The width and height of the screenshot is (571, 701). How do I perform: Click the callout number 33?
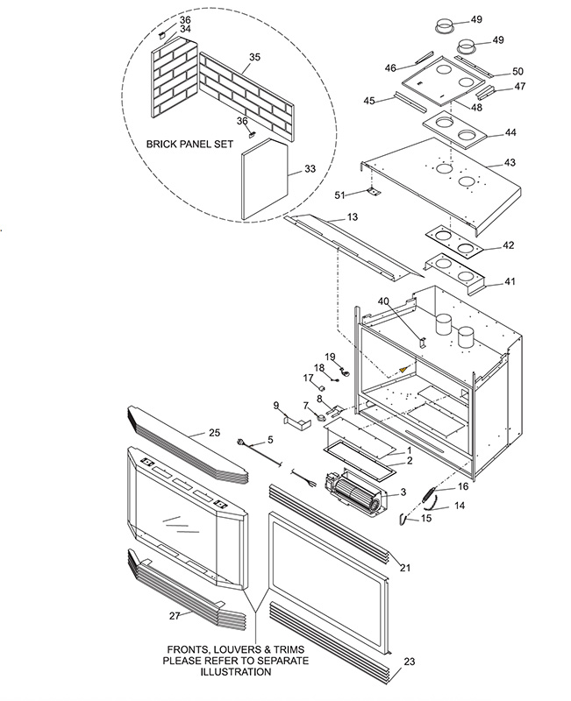[x=310, y=168]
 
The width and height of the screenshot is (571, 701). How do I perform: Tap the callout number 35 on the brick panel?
[x=254, y=57]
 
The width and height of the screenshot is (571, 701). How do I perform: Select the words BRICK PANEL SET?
[x=189, y=145]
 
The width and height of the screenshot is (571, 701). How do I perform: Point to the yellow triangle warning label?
[x=404, y=369]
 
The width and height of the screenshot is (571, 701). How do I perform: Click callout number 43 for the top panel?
[x=510, y=162]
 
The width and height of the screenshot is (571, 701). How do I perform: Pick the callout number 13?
[x=353, y=216]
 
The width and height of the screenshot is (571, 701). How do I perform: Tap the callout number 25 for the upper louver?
[x=214, y=432]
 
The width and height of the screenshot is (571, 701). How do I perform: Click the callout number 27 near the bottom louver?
[x=175, y=616]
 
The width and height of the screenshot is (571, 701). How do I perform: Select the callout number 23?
[x=410, y=662]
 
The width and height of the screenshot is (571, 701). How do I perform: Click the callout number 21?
[x=405, y=568]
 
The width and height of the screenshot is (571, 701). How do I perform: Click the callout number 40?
[x=383, y=301]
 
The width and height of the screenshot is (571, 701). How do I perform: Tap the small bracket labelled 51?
[x=373, y=191]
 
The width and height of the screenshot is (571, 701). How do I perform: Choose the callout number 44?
[x=510, y=132]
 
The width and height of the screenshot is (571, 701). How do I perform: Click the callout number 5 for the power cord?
[x=270, y=440]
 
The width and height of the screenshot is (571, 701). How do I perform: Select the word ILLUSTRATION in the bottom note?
[x=235, y=671]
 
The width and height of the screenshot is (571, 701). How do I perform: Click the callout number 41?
[x=510, y=281]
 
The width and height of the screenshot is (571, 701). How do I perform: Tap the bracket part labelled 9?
[x=296, y=422]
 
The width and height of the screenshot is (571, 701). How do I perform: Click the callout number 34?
[x=185, y=29]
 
